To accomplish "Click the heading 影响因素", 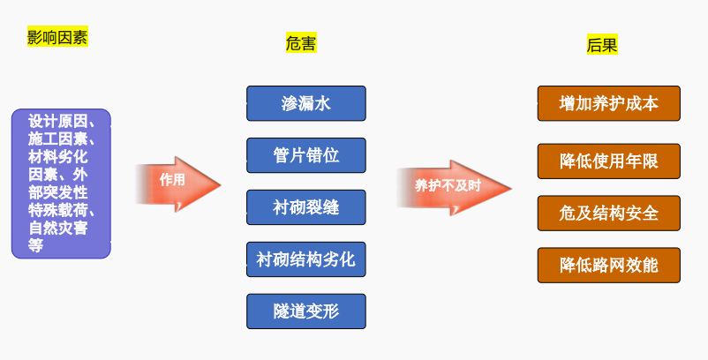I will click(57, 38).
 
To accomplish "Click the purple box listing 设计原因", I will click(61, 184).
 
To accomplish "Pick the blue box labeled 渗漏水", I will click(305, 103).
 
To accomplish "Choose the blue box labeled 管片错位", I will click(305, 155).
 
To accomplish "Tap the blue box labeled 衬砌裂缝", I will click(305, 207).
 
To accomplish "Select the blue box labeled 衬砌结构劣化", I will click(305, 259).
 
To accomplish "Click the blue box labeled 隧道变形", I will click(305, 311).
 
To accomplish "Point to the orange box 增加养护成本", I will click(608, 103).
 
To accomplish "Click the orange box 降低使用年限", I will click(608, 161).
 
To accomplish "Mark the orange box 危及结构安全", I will click(608, 214).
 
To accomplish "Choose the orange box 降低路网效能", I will click(608, 265).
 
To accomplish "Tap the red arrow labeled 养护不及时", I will click(452, 185).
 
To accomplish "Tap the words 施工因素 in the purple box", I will click(56, 139).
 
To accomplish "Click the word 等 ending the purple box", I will click(36, 246).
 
